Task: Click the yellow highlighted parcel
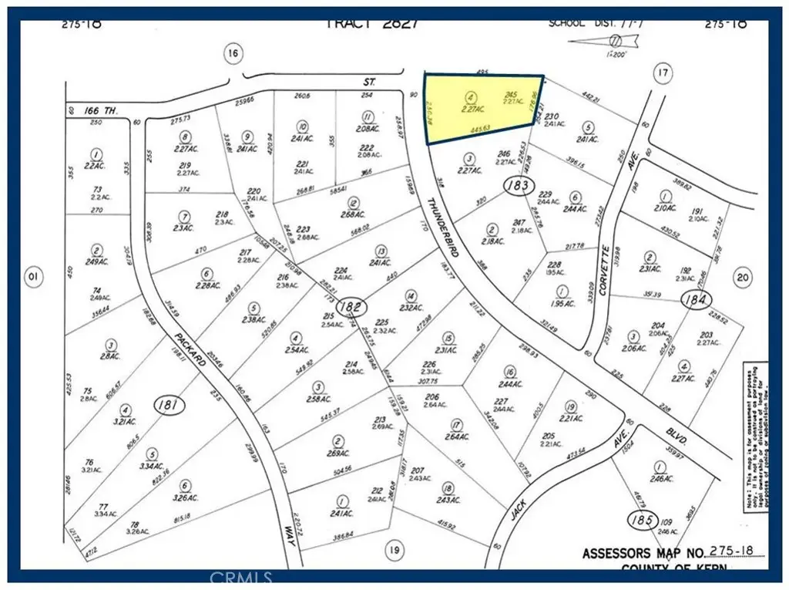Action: click(x=482, y=108)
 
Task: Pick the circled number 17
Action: click(x=662, y=73)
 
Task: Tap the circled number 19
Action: click(x=394, y=549)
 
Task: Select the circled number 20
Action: click(x=742, y=278)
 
